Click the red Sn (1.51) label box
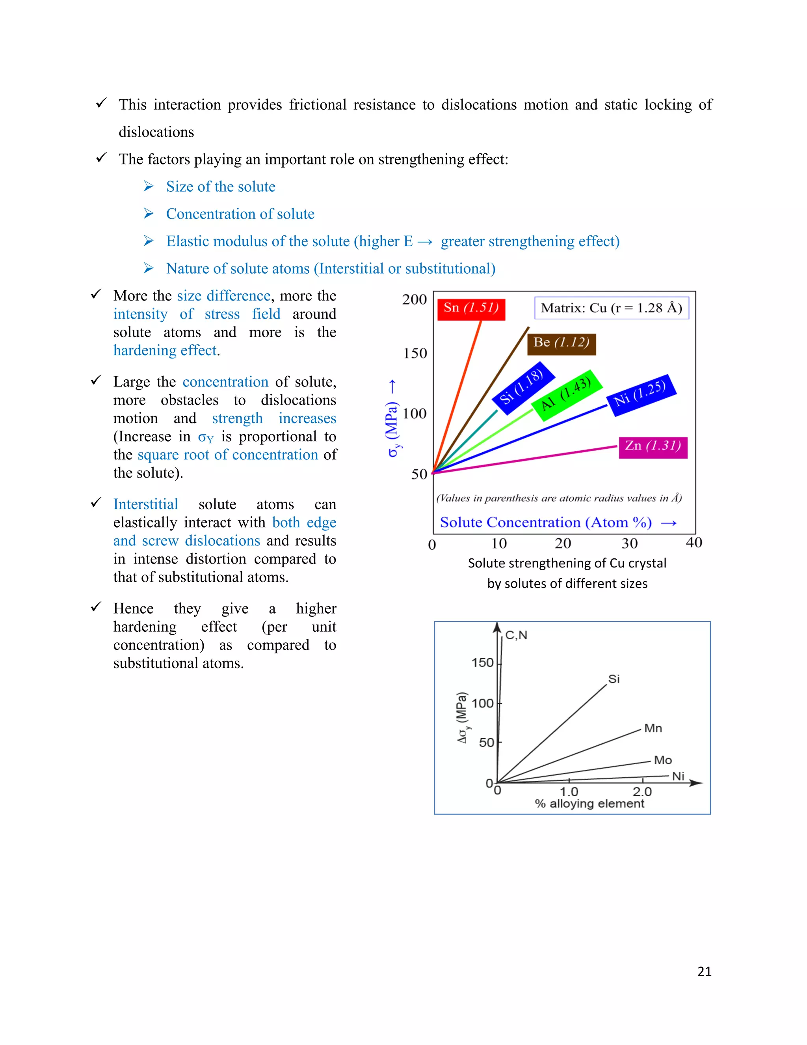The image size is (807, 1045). [471, 308]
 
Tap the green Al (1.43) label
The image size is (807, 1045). [567, 395]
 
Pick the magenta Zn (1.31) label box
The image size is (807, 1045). [653, 447]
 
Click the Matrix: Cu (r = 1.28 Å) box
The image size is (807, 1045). [611, 308]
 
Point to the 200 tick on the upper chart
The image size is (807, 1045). [414, 300]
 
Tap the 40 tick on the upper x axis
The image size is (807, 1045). [693, 543]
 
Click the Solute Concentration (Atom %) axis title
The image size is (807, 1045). [546, 522]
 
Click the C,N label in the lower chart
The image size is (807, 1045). [516, 635]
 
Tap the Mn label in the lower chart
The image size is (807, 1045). [653, 728]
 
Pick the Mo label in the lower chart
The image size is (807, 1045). [663, 760]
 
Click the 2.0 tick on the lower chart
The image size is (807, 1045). [642, 791]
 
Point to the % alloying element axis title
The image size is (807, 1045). [589, 803]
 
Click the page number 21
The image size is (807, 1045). [704, 971]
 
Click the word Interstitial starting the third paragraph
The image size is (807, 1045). [145, 504]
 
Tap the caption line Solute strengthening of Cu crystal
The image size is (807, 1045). [567, 563]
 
